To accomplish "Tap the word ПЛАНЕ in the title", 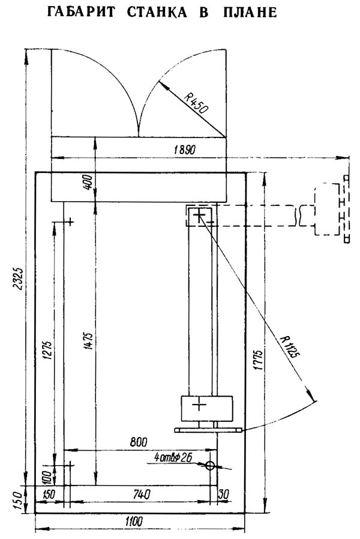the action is [250, 13].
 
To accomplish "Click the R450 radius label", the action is [196, 103].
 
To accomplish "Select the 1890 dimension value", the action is [184, 149].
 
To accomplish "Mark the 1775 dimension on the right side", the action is [259, 360].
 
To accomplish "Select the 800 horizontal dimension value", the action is [139, 441].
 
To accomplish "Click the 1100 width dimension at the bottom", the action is [133, 521].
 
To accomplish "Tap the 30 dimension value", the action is [224, 494].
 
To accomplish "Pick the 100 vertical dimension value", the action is [47, 477].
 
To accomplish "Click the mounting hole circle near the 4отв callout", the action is [210, 466].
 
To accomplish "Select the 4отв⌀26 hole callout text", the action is [173, 457].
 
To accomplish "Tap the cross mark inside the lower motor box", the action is [199, 405].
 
